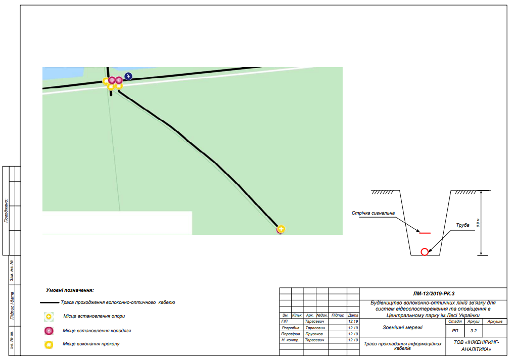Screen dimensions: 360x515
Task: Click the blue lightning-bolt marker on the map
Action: click(x=128, y=76)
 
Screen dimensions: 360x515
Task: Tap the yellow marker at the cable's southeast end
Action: click(x=281, y=229)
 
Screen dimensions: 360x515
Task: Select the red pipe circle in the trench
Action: click(x=425, y=252)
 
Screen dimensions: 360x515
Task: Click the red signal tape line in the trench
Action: click(x=425, y=233)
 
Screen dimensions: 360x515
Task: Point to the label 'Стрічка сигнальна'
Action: click(x=373, y=213)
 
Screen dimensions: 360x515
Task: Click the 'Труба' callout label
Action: click(x=462, y=225)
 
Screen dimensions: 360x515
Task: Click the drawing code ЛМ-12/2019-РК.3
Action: click(x=434, y=293)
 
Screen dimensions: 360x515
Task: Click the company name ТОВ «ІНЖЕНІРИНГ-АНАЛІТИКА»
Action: click(x=475, y=345)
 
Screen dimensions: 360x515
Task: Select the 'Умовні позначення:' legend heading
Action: click(x=70, y=290)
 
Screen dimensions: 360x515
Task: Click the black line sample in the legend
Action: click(x=50, y=303)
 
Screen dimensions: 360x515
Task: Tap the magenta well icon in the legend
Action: click(x=49, y=331)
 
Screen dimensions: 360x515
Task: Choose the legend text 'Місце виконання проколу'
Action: click(x=91, y=344)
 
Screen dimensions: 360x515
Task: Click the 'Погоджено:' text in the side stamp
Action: click(x=6, y=211)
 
